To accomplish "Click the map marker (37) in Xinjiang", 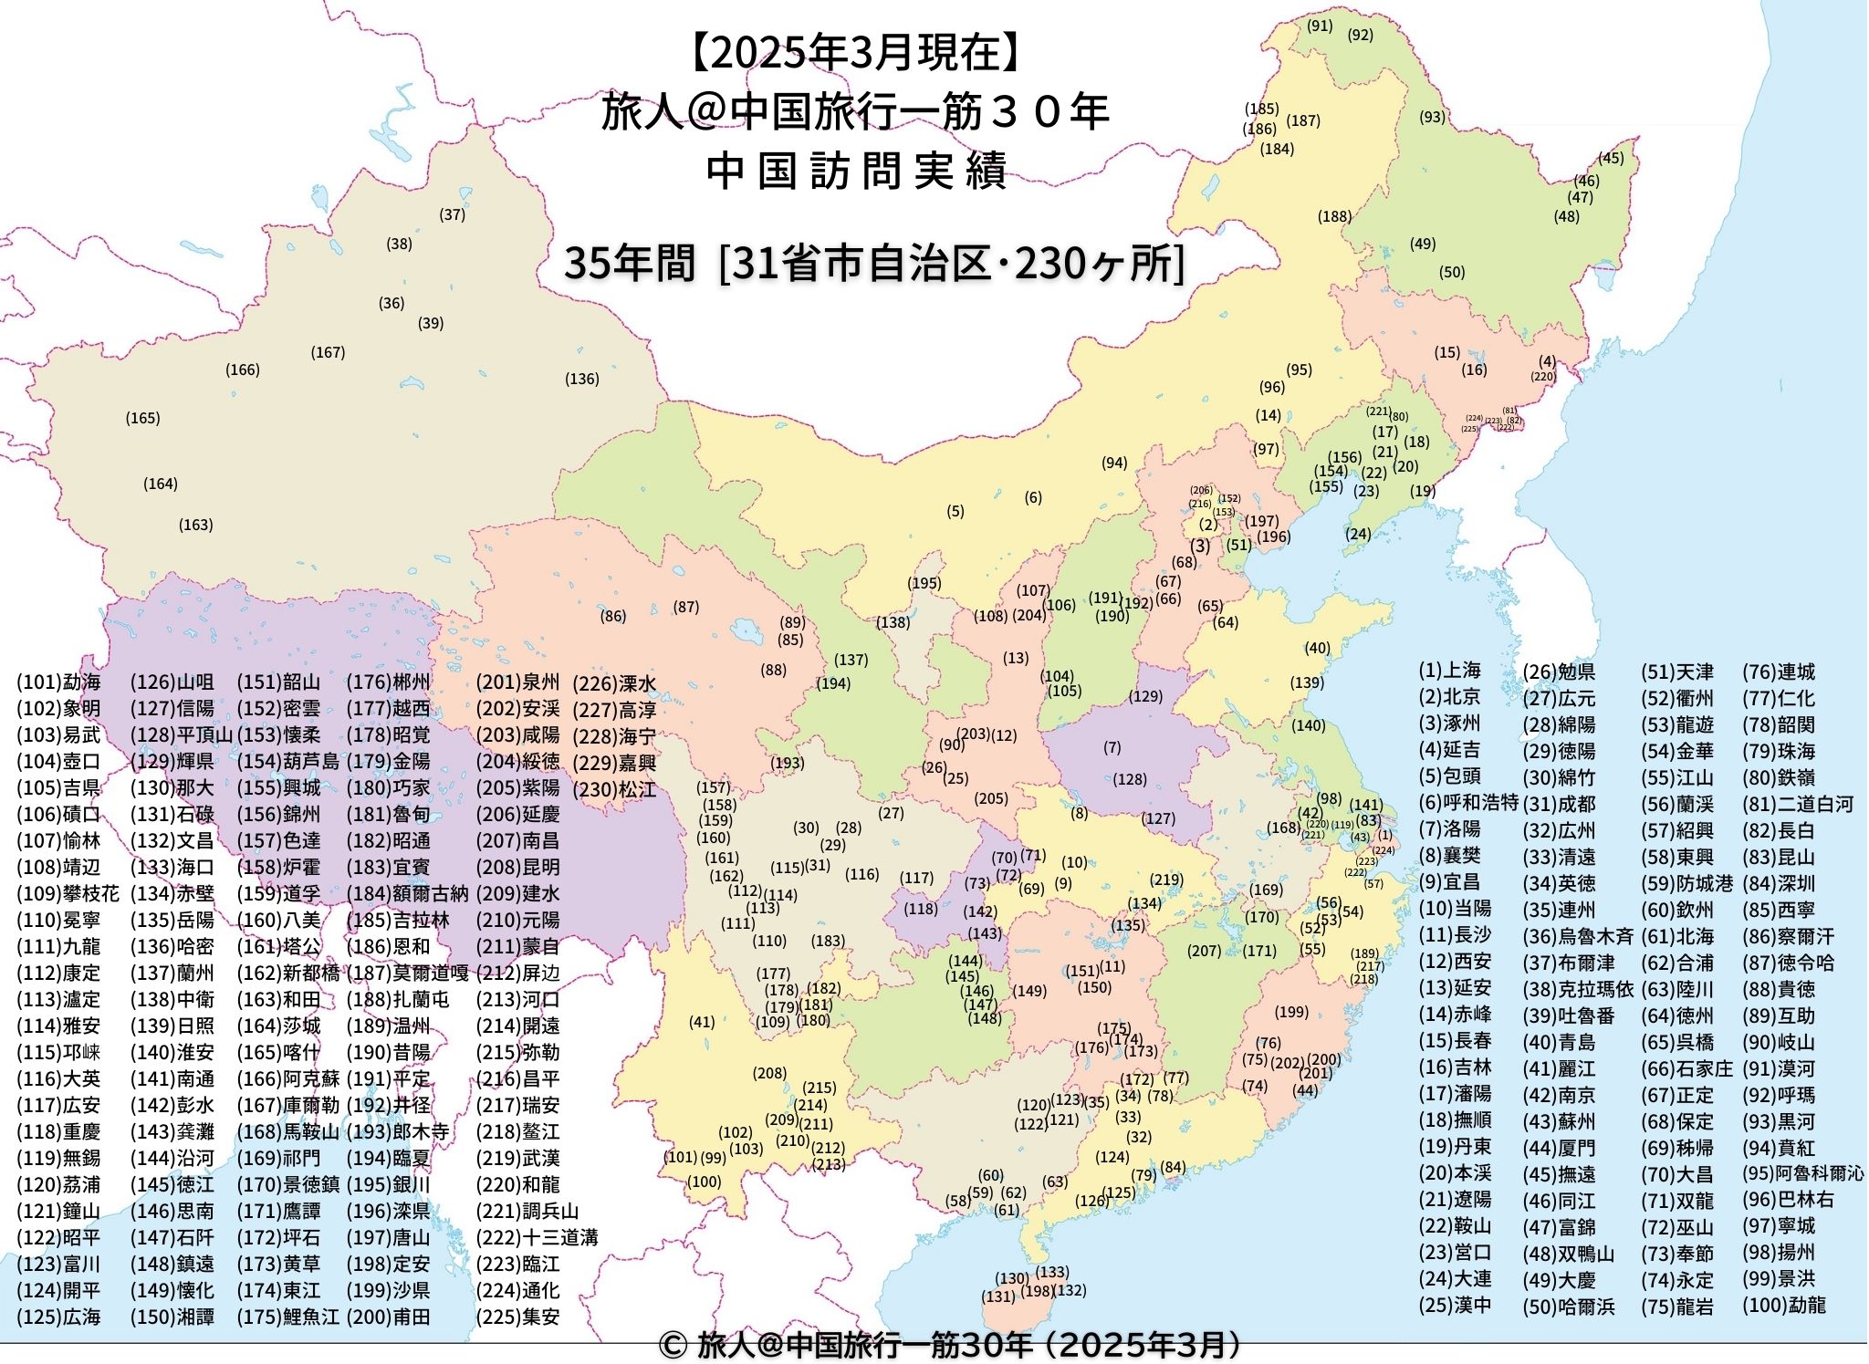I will click(x=453, y=215).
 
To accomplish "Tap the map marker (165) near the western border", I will click(x=142, y=419).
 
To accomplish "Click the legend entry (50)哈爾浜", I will click(x=1568, y=1307).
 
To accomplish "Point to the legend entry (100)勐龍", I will click(x=1784, y=1305).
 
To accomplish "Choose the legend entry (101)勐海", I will click(x=58, y=682).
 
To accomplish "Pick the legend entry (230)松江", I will click(x=614, y=790).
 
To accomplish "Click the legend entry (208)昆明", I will click(x=517, y=868).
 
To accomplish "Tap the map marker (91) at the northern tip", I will click(x=1320, y=26).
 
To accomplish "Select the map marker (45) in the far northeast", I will click(x=1611, y=159).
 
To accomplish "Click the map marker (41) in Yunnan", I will click(x=702, y=1023).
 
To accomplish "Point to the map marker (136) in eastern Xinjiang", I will click(x=581, y=380).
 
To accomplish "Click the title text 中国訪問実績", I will click(x=856, y=171).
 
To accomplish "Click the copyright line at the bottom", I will click(x=949, y=1345).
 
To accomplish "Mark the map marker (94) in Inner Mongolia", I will click(x=1113, y=463).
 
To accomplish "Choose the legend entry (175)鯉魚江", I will click(x=287, y=1317).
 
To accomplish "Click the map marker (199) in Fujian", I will click(x=1291, y=1012).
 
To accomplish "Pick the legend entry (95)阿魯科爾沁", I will click(x=1802, y=1173).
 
